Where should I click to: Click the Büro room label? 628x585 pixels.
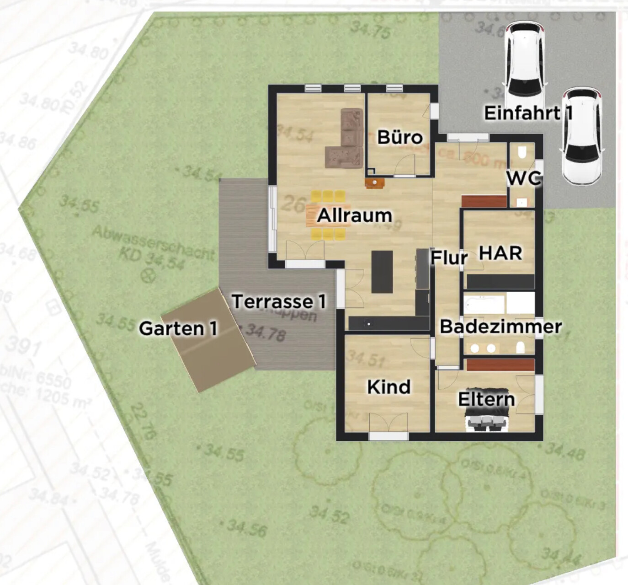coord(400,137)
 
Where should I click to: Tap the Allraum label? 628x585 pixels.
coord(354,215)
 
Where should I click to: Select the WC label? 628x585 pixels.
coord(524,178)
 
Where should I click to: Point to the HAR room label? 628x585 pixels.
coord(501,252)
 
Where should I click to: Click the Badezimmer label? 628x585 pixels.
coord(500,327)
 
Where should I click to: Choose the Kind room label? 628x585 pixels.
coord(389,387)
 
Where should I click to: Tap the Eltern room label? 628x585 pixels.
coord(486,399)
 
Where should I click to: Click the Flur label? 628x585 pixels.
coord(449,258)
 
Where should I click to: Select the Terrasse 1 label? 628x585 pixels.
coord(279,302)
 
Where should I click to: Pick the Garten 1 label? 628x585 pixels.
coord(178,328)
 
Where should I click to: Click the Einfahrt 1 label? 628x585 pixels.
coord(528,113)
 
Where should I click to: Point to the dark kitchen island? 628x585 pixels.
coord(382,272)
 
